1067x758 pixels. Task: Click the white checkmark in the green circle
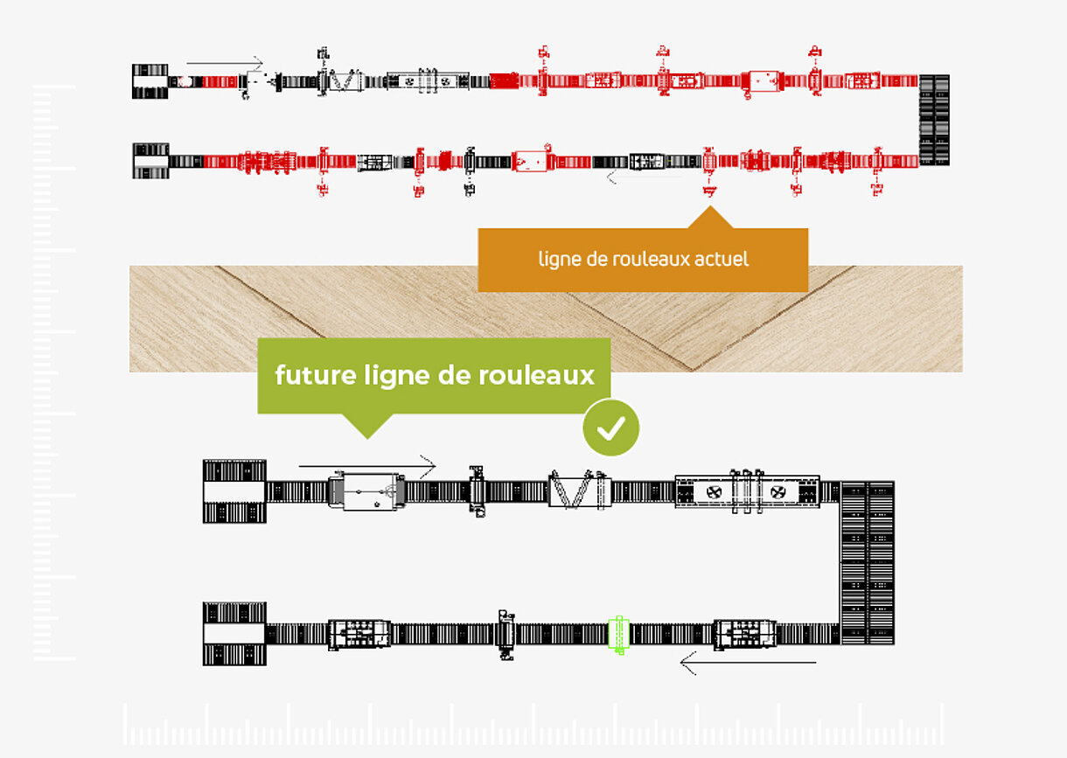tap(610, 428)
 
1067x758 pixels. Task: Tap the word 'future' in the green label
tap(316, 375)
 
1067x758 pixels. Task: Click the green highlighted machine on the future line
tap(618, 634)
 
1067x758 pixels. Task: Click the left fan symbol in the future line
tap(714, 492)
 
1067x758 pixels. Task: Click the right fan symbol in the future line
tap(778, 492)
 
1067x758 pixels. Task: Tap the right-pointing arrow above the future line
tap(366, 466)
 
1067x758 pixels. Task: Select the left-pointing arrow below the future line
tap(748, 663)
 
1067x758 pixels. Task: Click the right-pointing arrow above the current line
tap(225, 62)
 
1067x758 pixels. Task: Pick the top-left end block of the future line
tap(234, 491)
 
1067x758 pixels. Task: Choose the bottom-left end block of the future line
tap(234, 634)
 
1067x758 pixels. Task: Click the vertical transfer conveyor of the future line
tap(868, 563)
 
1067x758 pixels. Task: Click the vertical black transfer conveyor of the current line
tap(934, 120)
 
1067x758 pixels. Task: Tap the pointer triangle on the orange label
tap(710, 218)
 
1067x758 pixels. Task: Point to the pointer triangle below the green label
tap(367, 426)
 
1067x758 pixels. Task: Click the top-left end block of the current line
tap(150, 81)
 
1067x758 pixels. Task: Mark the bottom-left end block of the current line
tap(150, 161)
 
